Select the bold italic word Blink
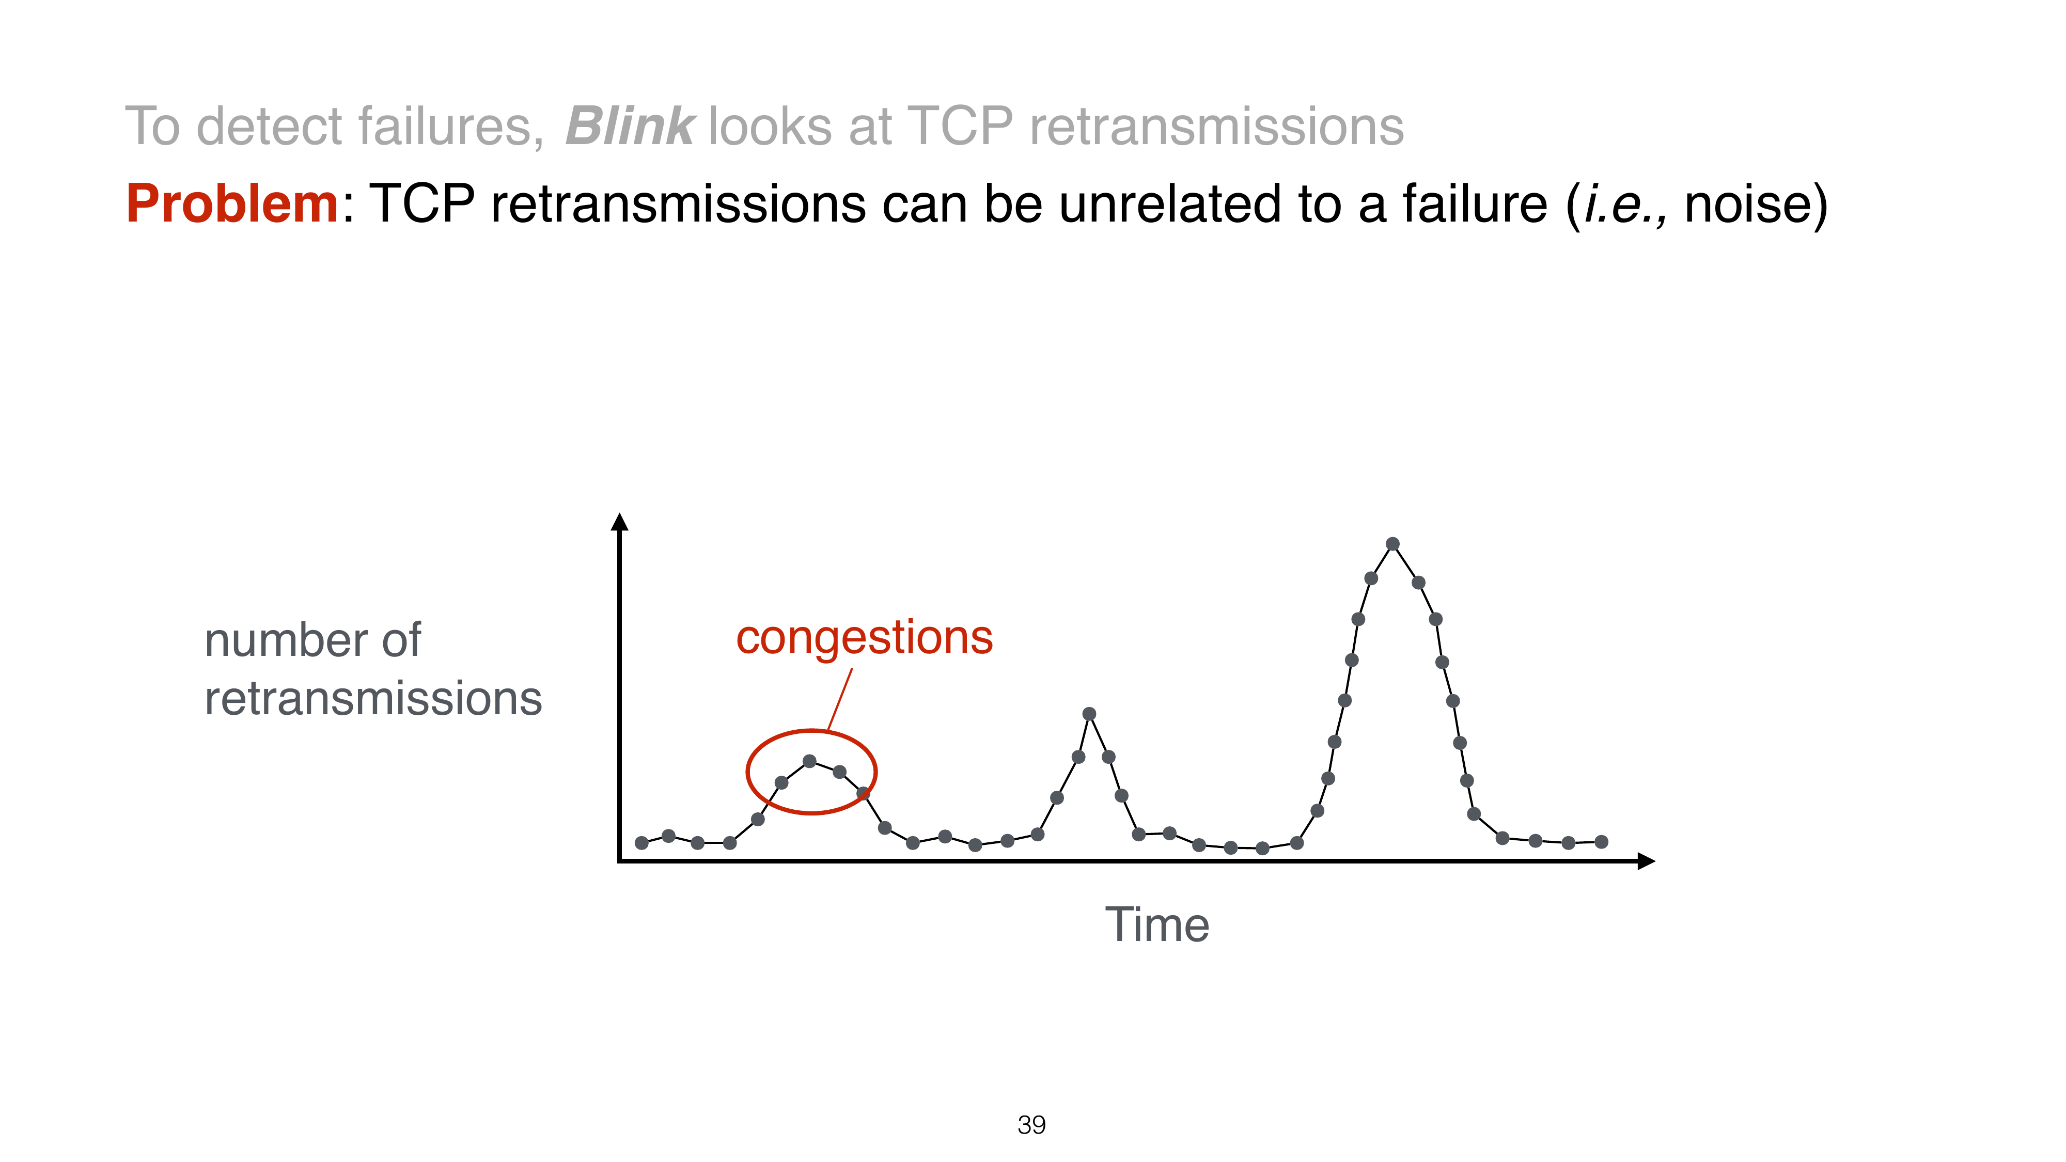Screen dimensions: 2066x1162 point(630,126)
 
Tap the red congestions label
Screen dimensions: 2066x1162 point(865,640)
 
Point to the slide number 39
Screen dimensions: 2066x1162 point(1031,1125)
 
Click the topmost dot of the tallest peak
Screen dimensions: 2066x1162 point(1393,544)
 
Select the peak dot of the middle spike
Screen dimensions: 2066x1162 point(1089,714)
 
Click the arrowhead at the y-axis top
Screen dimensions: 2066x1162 point(619,522)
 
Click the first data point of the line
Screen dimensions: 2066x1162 point(641,843)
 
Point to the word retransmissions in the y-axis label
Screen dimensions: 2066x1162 point(374,698)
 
